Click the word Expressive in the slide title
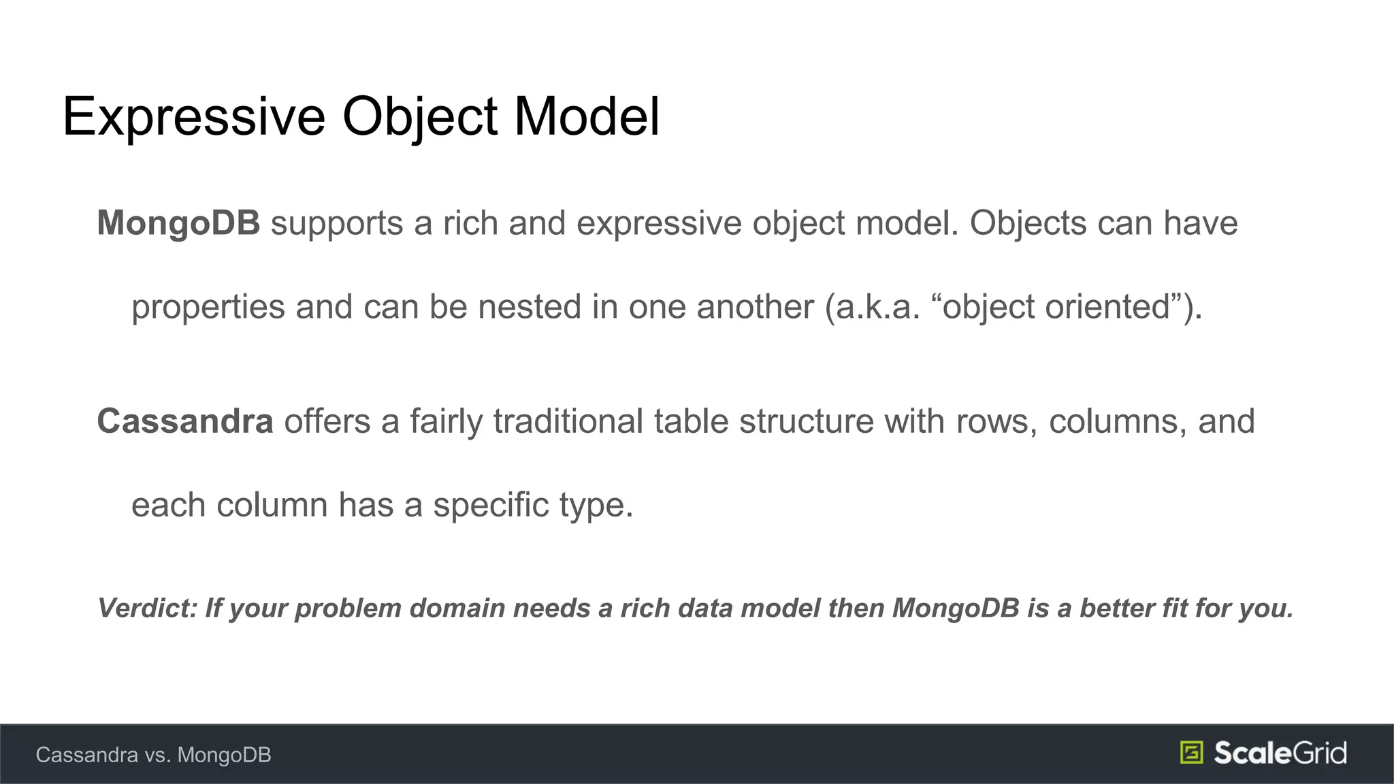point(194,117)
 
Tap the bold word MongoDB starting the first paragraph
point(178,223)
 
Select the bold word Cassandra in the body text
point(185,421)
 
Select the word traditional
point(568,421)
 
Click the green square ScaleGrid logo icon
point(1191,753)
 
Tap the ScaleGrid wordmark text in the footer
point(1280,753)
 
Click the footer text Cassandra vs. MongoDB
point(153,755)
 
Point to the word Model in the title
point(586,117)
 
